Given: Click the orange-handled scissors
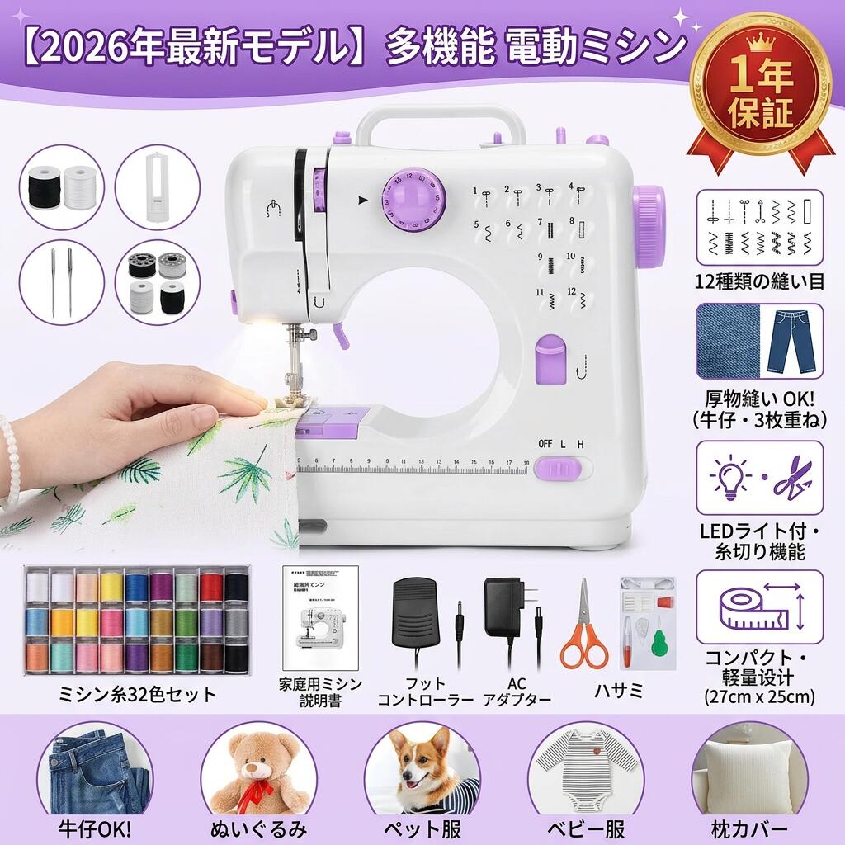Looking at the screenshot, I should click(583, 626).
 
